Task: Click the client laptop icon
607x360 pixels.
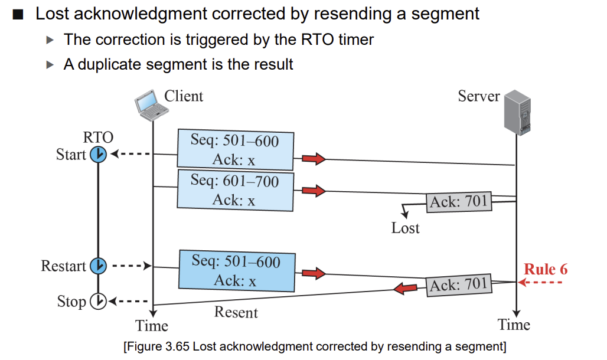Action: [x=151, y=105]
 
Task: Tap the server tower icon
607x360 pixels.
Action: [x=517, y=112]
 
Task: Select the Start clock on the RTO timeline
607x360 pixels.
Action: [x=99, y=155]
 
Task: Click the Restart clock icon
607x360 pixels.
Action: [x=99, y=266]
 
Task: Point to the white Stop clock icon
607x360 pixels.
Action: [x=99, y=301]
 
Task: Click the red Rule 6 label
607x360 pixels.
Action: [x=546, y=269]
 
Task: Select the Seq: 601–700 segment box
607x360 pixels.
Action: [x=236, y=191]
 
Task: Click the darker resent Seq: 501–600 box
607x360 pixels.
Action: [x=237, y=271]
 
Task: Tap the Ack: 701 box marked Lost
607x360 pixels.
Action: [x=459, y=202]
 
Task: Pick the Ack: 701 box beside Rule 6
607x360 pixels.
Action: [x=459, y=285]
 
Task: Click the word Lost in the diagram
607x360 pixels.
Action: [x=405, y=228]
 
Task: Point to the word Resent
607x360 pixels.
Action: [x=236, y=312]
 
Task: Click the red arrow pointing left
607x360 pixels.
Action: [x=405, y=289]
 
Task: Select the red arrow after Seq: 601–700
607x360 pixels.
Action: [x=314, y=191]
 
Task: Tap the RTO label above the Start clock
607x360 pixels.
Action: [x=99, y=138]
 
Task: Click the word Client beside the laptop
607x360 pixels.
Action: [x=184, y=96]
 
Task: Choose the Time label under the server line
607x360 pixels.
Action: [x=514, y=325]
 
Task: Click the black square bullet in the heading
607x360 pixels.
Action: [x=18, y=14]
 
